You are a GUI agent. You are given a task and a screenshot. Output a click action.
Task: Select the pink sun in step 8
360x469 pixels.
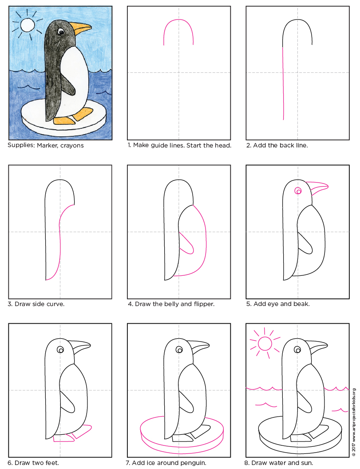[x=265, y=344]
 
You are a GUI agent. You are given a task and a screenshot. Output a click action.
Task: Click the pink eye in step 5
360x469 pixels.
[x=298, y=191]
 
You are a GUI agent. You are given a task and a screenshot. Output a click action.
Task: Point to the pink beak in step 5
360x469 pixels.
[x=318, y=188]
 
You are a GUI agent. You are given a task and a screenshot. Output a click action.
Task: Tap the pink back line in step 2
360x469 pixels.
[x=283, y=82]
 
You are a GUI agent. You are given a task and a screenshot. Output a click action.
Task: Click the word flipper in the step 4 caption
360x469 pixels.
[x=202, y=304]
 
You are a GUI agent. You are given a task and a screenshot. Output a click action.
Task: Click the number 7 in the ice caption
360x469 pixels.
[x=129, y=463]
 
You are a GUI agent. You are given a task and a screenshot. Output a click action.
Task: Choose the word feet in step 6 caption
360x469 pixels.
[x=50, y=463]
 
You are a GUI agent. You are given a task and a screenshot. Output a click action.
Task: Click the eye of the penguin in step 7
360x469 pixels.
[x=179, y=350]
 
